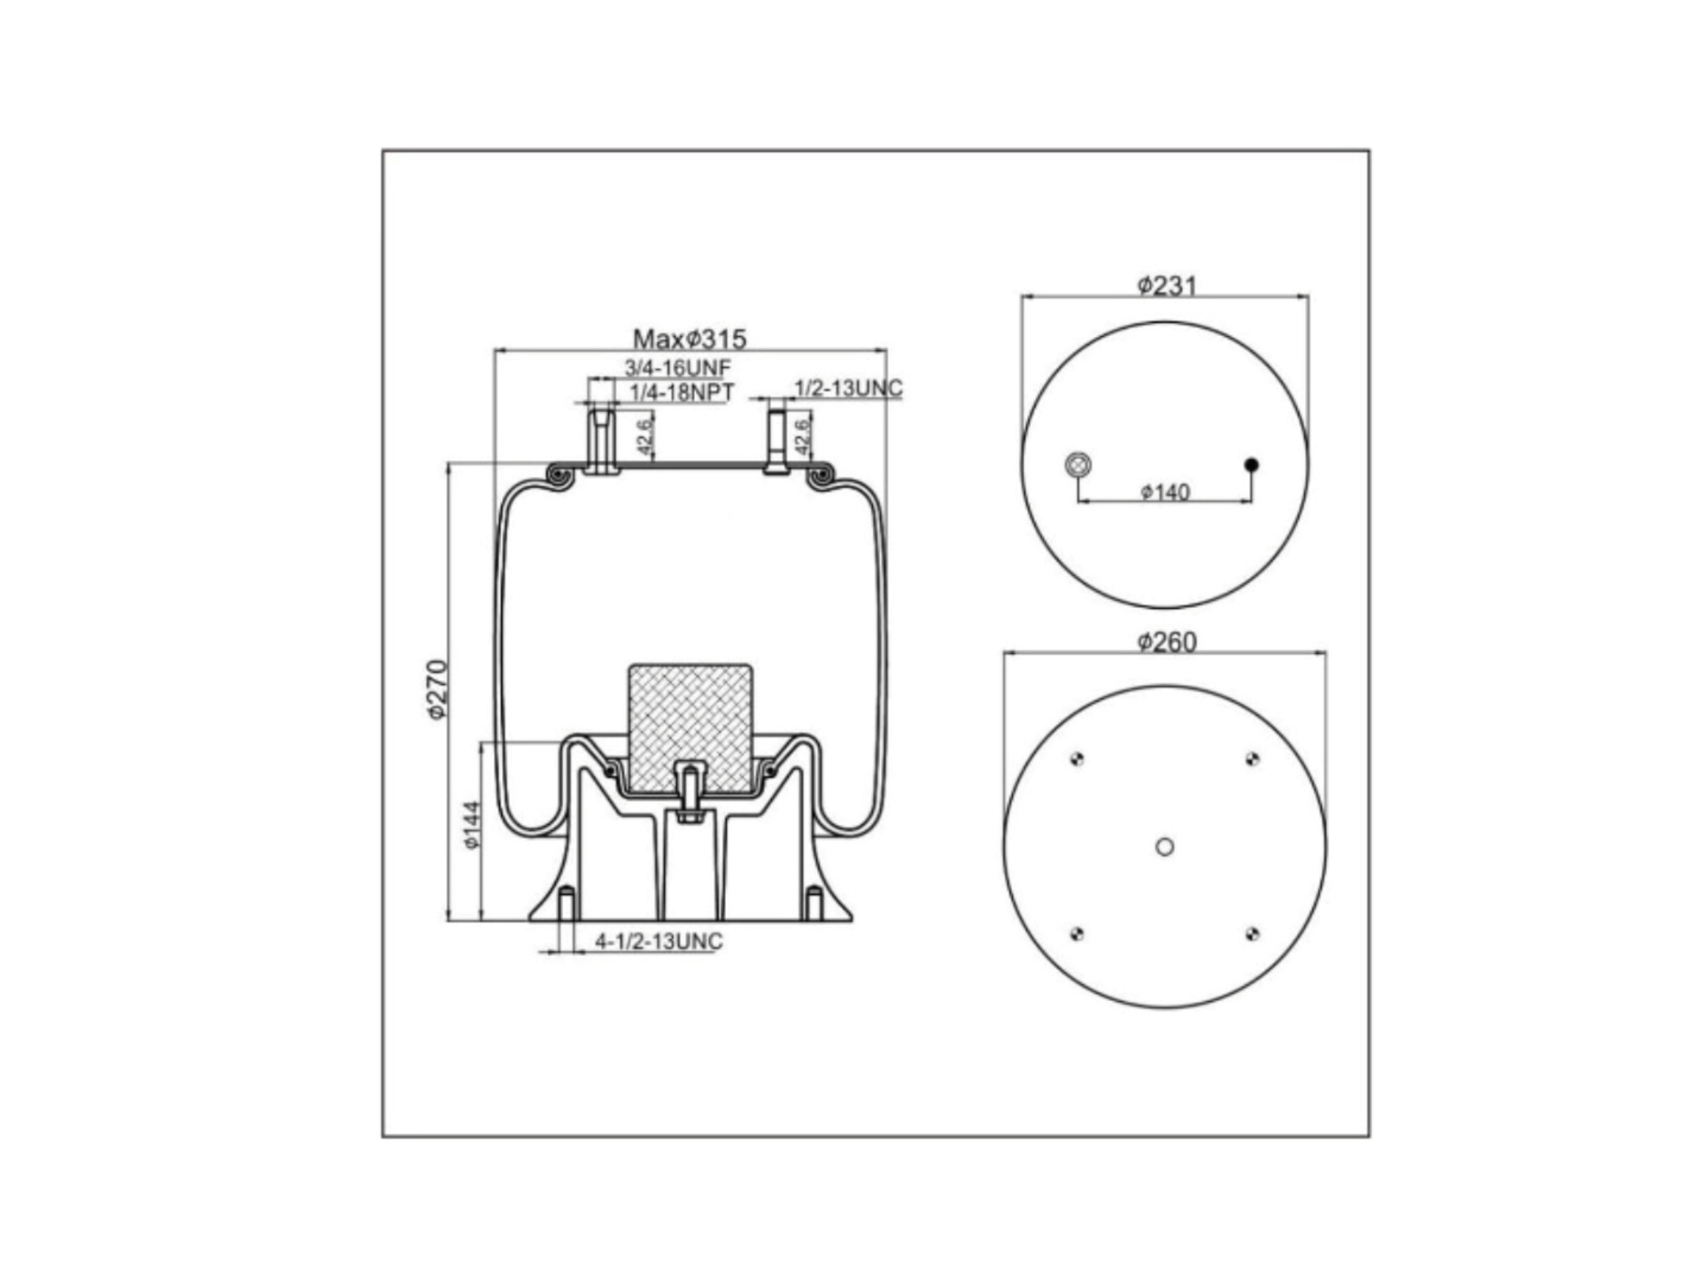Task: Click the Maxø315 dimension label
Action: pyautogui.click(x=690, y=339)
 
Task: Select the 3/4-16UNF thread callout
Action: pyautogui.click(x=678, y=368)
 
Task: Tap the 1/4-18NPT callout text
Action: pyautogui.click(x=682, y=391)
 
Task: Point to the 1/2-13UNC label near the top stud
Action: pyautogui.click(x=848, y=388)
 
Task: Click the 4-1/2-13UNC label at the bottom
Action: pyautogui.click(x=659, y=941)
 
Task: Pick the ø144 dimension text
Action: pyautogui.click(x=472, y=826)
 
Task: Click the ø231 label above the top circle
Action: pyautogui.click(x=1167, y=285)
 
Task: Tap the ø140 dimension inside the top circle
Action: pyautogui.click(x=1165, y=492)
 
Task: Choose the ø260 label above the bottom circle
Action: pyautogui.click(x=1167, y=642)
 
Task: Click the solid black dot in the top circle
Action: pyautogui.click(x=1251, y=464)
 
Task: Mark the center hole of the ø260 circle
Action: pyautogui.click(x=1165, y=847)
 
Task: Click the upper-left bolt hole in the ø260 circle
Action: pyautogui.click(x=1076, y=759)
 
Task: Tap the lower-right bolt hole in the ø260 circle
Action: pyautogui.click(x=1252, y=935)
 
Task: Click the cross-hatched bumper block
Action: pyautogui.click(x=690, y=728)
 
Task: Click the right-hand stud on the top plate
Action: pyautogui.click(x=776, y=438)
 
